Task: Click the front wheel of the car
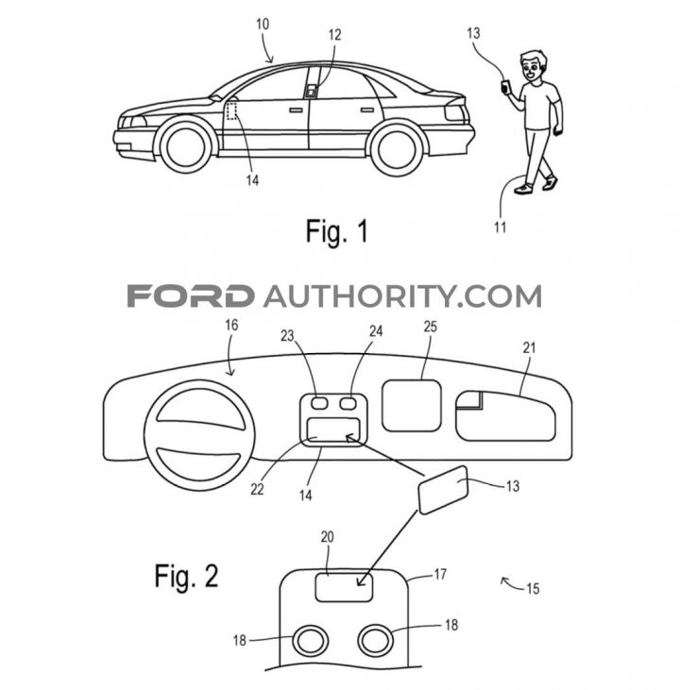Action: [185, 145]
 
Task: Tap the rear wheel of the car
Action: [398, 149]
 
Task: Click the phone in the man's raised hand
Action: [504, 86]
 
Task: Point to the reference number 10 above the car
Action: [263, 25]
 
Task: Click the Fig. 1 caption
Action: [336, 231]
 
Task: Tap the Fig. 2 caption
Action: [186, 576]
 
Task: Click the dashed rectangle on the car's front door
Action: [231, 110]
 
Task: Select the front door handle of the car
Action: [296, 109]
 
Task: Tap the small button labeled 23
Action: [318, 403]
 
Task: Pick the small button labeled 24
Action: [348, 403]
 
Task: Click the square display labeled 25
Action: [411, 405]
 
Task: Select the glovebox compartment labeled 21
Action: [505, 415]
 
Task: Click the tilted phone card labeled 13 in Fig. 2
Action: [443, 489]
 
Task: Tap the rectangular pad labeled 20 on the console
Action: [344, 587]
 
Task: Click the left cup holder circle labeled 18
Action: [311, 641]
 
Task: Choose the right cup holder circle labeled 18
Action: [375, 640]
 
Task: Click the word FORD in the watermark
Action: [190, 295]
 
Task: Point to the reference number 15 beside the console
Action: [533, 588]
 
